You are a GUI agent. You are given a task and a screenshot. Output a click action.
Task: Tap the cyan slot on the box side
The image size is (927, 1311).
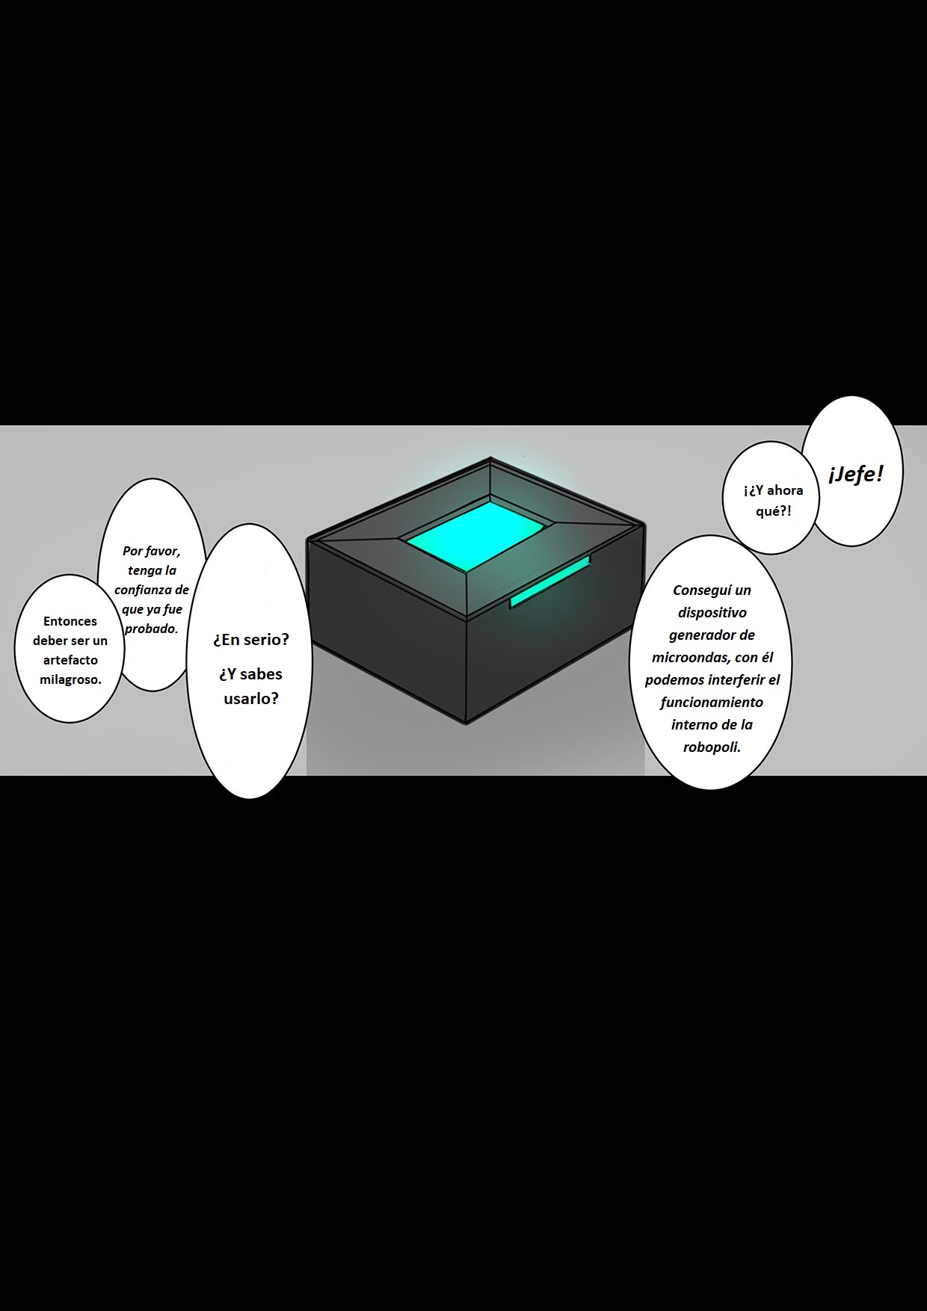click(550, 582)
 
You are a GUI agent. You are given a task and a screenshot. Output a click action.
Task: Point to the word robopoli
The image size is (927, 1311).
click(712, 747)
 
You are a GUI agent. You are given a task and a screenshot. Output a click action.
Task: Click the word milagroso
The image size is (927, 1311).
click(70, 679)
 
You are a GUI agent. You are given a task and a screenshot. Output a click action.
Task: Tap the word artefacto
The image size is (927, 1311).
click(71, 660)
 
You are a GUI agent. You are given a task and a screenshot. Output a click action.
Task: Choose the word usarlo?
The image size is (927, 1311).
click(250, 699)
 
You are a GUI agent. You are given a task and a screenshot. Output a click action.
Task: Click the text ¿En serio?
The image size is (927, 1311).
click(250, 640)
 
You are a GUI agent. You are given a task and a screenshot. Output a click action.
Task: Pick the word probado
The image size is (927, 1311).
click(152, 629)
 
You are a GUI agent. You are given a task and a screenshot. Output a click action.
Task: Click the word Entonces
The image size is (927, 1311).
click(70, 621)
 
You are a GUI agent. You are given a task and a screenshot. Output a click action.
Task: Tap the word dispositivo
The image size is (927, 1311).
click(712, 613)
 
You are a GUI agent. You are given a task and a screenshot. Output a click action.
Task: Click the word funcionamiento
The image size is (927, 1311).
click(712, 703)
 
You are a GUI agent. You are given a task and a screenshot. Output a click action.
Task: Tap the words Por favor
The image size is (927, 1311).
click(152, 552)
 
